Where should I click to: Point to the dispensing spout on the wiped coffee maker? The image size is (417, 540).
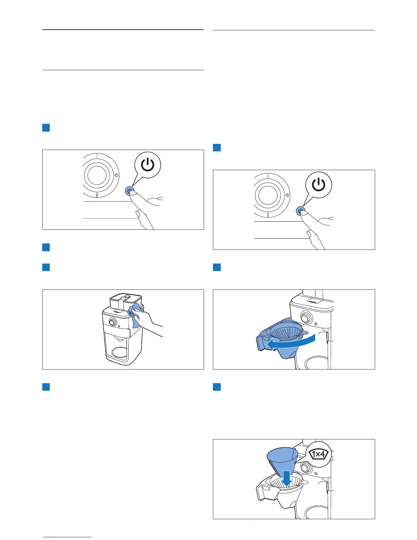[119, 338]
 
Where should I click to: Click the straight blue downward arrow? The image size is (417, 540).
[287, 478]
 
